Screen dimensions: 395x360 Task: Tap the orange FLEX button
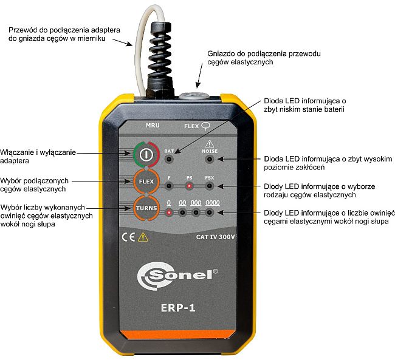tap(146, 182)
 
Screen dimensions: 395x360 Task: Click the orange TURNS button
tap(146, 208)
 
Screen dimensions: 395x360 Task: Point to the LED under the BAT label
tap(169, 159)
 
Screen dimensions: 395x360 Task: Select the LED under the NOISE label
tap(209, 159)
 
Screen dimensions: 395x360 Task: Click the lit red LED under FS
tap(189, 186)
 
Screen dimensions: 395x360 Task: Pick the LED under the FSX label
tap(209, 186)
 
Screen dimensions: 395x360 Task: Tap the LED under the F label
tap(169, 186)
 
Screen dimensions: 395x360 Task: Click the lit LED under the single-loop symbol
tap(169, 212)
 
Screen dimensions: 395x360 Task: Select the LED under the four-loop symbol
tap(209, 212)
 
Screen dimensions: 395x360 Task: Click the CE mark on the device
tap(128, 237)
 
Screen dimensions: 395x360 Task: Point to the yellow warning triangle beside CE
tap(143, 237)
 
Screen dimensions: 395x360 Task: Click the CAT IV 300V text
tap(215, 237)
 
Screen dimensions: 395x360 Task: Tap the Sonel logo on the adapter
tap(177, 276)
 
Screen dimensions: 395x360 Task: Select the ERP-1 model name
tap(178, 308)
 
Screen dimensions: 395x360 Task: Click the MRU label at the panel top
tap(153, 125)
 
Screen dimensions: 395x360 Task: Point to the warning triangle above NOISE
tap(210, 144)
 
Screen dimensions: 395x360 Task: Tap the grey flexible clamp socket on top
tap(194, 96)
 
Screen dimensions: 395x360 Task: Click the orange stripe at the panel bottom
tap(178, 335)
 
